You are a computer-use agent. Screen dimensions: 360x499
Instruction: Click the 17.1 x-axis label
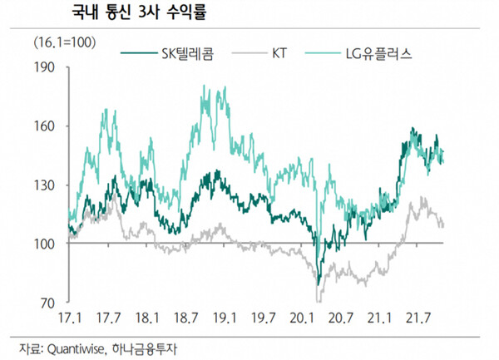point(69,318)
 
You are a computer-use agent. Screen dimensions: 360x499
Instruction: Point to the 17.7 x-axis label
point(108,318)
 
